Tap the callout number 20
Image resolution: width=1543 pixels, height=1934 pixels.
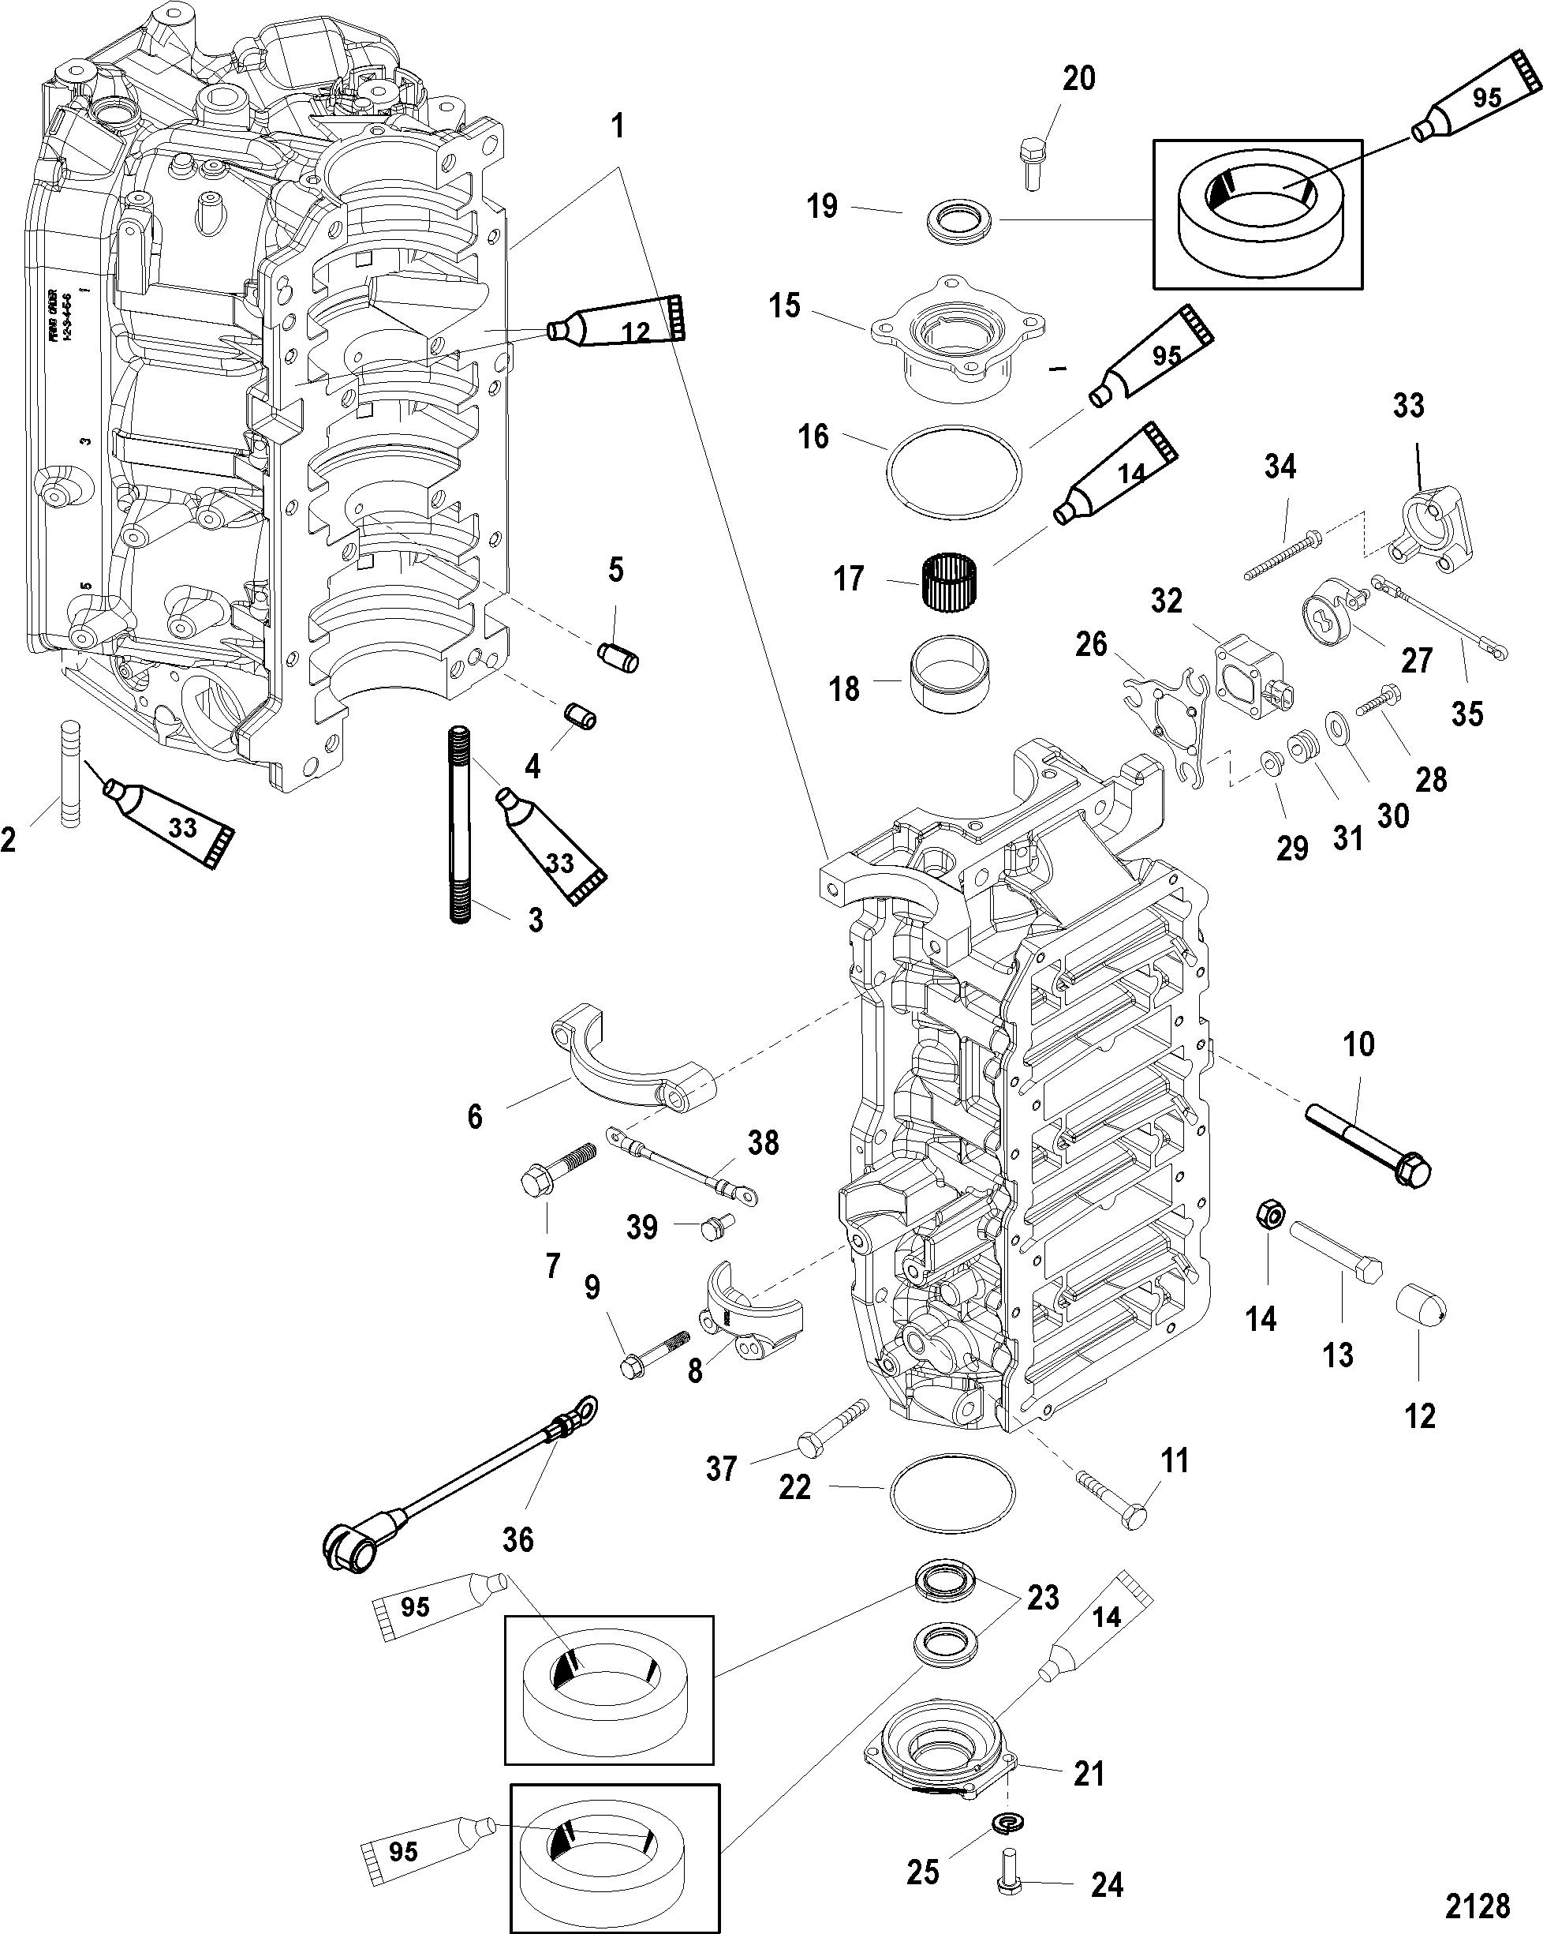(x=1078, y=79)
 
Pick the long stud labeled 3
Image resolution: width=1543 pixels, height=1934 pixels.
(x=461, y=825)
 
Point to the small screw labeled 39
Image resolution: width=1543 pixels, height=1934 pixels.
(x=717, y=1225)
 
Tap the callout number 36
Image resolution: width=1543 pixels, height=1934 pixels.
(x=518, y=1540)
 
